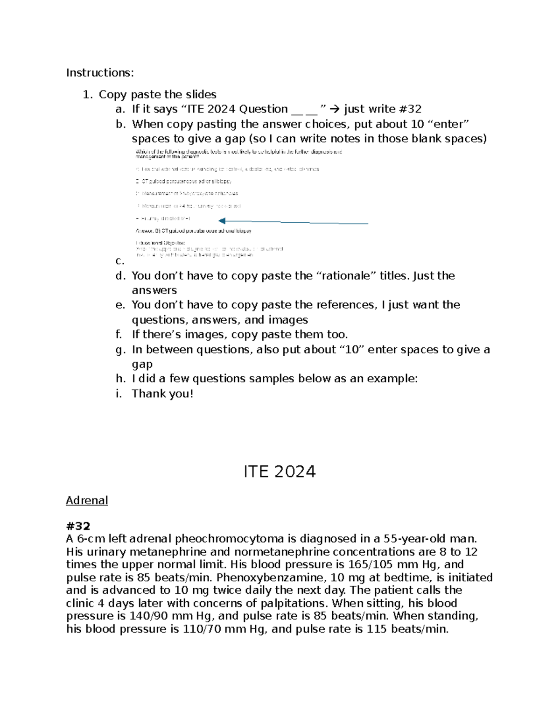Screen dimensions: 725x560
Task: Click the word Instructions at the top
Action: pyautogui.click(x=99, y=73)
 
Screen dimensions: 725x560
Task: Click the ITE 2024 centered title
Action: pyautogui.click(x=280, y=472)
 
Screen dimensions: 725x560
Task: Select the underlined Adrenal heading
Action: pyautogui.click(x=87, y=500)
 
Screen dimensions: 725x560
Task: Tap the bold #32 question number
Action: pyautogui.click(x=78, y=526)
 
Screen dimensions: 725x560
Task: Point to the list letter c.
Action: pyautogui.click(x=119, y=261)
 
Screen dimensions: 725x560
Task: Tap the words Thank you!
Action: pyautogui.click(x=162, y=394)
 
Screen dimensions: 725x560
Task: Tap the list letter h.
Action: pyautogui.click(x=120, y=379)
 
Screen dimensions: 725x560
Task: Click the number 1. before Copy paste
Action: pyautogui.click(x=88, y=94)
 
